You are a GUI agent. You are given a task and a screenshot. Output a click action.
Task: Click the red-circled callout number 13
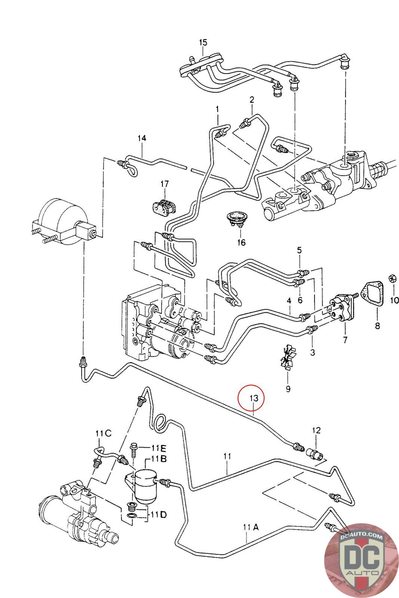point(254,398)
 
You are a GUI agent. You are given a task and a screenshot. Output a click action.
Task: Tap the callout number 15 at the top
point(203,42)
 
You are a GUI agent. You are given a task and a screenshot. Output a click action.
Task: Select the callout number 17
point(165,184)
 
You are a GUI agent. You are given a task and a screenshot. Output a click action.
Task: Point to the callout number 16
point(241,243)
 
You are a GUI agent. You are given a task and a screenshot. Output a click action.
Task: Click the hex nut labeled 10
point(392,279)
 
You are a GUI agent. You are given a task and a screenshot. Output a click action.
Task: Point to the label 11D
point(159,514)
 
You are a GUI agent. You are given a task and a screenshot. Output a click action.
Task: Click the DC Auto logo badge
point(361,560)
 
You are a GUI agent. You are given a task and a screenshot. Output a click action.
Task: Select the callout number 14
point(142,138)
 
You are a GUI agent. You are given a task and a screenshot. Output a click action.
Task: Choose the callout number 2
point(252,100)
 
